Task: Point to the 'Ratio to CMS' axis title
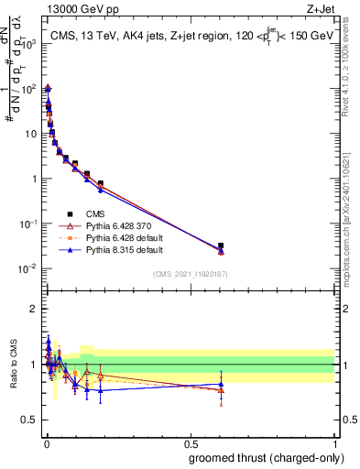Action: click(x=12, y=365)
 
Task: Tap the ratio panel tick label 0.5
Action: click(x=31, y=420)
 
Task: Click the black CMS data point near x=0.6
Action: click(x=221, y=245)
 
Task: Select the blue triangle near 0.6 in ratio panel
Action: click(x=221, y=385)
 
